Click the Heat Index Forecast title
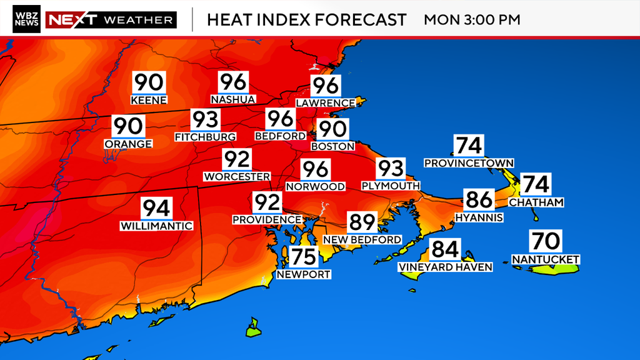[306, 19]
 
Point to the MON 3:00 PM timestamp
[472, 19]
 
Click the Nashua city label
[232, 99]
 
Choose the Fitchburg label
[206, 137]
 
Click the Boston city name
[332, 146]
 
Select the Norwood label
[315, 186]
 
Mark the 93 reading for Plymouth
[391, 169]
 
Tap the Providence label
[267, 219]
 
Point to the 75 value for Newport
[304, 257]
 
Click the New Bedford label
[362, 239]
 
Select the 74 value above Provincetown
[469, 146]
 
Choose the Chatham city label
[536, 202]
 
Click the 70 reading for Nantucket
[546, 241]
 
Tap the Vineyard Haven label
[445, 267]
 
